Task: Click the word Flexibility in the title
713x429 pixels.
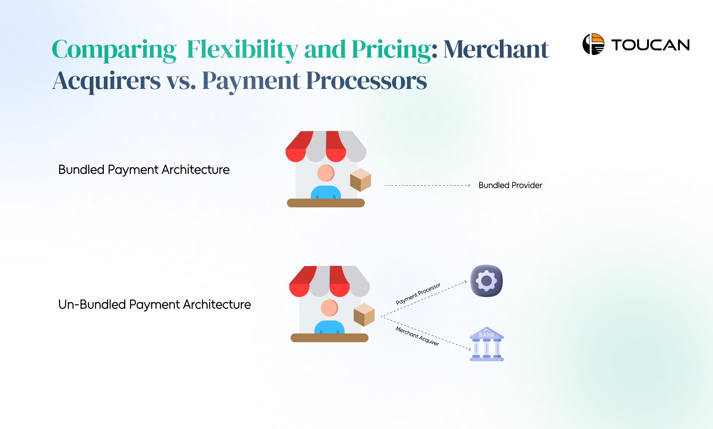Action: click(x=242, y=50)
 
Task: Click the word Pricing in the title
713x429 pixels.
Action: click(x=394, y=50)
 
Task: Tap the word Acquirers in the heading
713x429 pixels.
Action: click(x=106, y=81)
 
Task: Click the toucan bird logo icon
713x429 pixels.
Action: click(x=593, y=44)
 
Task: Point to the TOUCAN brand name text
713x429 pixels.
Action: click(x=651, y=45)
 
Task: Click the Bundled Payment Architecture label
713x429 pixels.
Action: click(x=144, y=170)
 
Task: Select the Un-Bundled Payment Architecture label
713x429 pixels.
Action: click(x=154, y=305)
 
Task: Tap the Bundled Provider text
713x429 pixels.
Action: click(x=510, y=185)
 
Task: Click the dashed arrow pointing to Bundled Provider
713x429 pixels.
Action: click(x=427, y=186)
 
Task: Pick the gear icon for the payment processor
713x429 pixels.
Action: click(x=486, y=281)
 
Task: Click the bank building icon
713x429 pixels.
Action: click(x=487, y=344)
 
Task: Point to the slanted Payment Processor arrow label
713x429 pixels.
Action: click(x=418, y=293)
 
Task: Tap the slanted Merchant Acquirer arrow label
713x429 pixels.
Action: click(x=417, y=336)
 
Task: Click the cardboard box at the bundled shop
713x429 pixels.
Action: click(x=360, y=180)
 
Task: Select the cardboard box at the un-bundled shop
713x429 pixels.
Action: click(x=364, y=315)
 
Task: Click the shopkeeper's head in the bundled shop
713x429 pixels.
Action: click(x=326, y=173)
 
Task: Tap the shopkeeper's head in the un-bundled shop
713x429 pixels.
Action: click(x=329, y=308)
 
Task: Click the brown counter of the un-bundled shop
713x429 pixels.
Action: click(x=329, y=338)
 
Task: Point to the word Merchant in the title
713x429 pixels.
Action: click(x=496, y=50)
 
